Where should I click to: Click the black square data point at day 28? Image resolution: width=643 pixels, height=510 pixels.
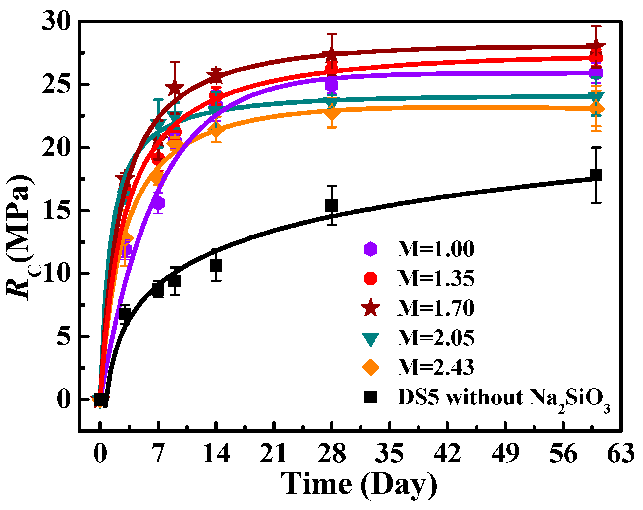click(x=332, y=206)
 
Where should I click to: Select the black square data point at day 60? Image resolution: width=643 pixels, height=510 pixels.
click(x=596, y=175)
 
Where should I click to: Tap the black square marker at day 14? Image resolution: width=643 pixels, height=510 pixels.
click(x=216, y=265)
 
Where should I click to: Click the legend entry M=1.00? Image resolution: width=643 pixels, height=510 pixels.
click(x=436, y=249)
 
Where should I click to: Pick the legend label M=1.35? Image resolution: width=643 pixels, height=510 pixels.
click(x=436, y=279)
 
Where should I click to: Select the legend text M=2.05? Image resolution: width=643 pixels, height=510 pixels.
click(x=436, y=338)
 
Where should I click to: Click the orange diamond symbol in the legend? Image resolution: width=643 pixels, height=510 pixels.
click(x=370, y=367)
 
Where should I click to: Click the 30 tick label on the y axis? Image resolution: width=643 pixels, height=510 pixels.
click(x=56, y=22)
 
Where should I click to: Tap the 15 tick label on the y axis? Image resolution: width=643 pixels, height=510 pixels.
click(x=56, y=211)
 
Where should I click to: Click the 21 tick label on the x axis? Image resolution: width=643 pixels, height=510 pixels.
click(x=273, y=454)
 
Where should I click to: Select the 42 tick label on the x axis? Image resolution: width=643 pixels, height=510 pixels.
click(x=447, y=454)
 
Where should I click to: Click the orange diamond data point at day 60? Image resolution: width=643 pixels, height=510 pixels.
click(x=596, y=109)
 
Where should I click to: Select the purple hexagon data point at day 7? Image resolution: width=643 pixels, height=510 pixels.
click(x=158, y=203)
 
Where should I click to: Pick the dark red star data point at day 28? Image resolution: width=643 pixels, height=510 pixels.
click(x=332, y=55)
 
